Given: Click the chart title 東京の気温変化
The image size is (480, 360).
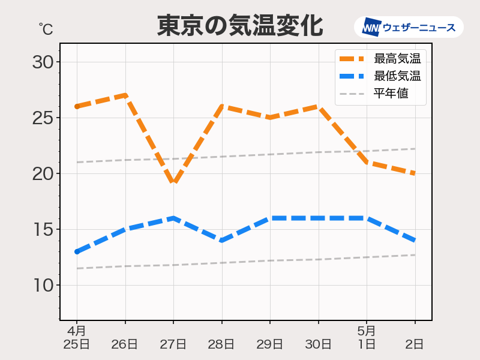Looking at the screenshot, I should (240, 26).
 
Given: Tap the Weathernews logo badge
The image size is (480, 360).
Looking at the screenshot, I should (409, 28).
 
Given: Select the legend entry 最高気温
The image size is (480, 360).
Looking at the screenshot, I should (396, 59).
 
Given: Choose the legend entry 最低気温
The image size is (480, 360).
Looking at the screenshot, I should (396, 76).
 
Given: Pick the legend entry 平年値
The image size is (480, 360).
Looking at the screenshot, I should (391, 94).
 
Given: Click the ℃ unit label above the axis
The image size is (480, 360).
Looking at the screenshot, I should (45, 29).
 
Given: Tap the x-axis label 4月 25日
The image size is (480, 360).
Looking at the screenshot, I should (76, 337).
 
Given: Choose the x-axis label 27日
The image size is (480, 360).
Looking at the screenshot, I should (173, 344).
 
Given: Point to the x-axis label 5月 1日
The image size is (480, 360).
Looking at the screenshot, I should (367, 337).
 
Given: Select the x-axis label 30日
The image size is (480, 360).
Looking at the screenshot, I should (318, 344).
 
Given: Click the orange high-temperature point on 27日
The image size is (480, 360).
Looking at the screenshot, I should (173, 182).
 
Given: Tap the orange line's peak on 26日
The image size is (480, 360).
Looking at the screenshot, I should (125, 95).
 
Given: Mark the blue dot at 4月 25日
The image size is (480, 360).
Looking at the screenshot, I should (77, 251).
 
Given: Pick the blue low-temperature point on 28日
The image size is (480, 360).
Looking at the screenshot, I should (222, 240).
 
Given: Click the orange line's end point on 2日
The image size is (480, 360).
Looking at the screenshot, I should (415, 173).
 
